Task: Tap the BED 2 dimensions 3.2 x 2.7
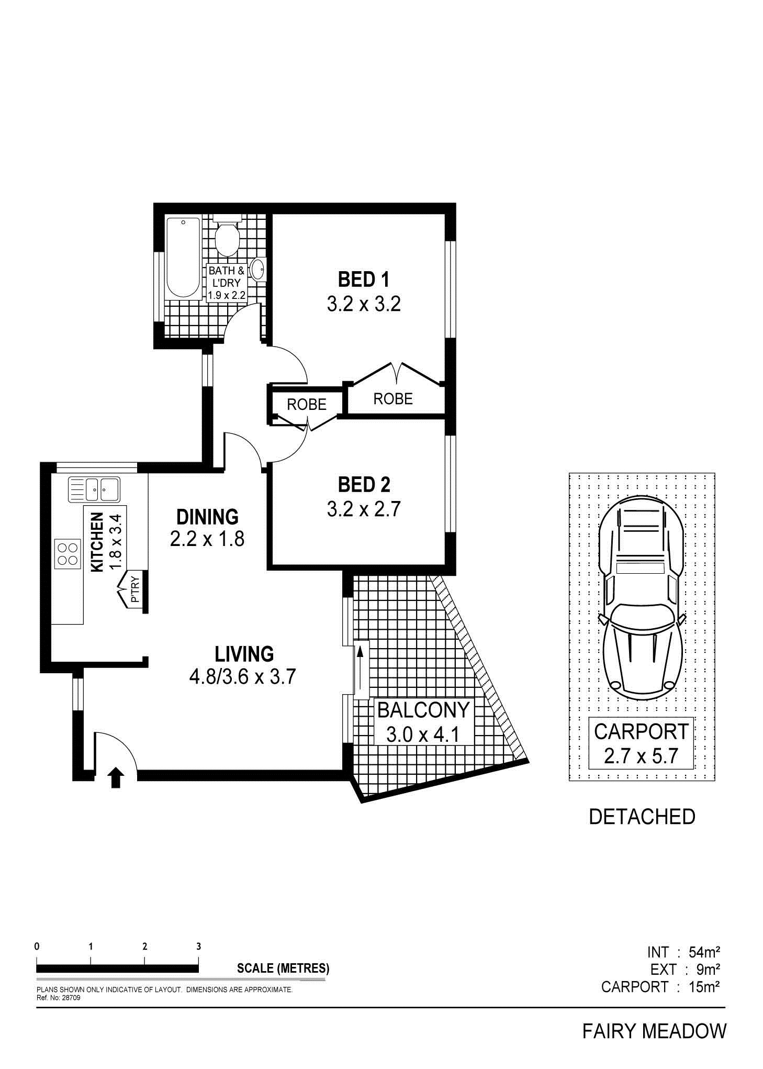click(364, 509)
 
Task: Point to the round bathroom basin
click(258, 270)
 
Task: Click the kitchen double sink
click(94, 489)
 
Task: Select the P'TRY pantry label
click(134, 589)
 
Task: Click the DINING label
click(207, 517)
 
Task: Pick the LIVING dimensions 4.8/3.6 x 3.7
click(243, 676)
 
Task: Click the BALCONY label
click(423, 710)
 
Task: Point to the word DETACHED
click(642, 817)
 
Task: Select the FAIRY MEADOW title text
click(655, 1031)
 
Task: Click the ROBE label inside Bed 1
click(393, 399)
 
